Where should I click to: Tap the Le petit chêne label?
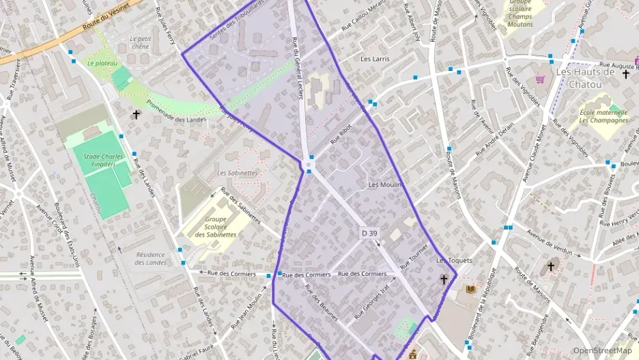pyautogui.click(x=140, y=43)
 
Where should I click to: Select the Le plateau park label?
pyautogui.click(x=102, y=64)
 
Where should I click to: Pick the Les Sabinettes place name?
pyautogui.click(x=238, y=173)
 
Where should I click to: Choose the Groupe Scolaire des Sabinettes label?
pyautogui.click(x=216, y=227)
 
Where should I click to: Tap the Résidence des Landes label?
pyautogui.click(x=151, y=258)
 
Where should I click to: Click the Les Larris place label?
pyautogui.click(x=375, y=59)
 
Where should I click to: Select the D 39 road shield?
pyautogui.click(x=369, y=234)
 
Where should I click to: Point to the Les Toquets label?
pyautogui.click(x=454, y=261)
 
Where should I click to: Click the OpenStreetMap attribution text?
pyautogui.click(x=602, y=351)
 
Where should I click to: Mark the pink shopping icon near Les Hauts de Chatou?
pyautogui.click(x=540, y=79)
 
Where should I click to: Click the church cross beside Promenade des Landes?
pyautogui.click(x=137, y=115)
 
